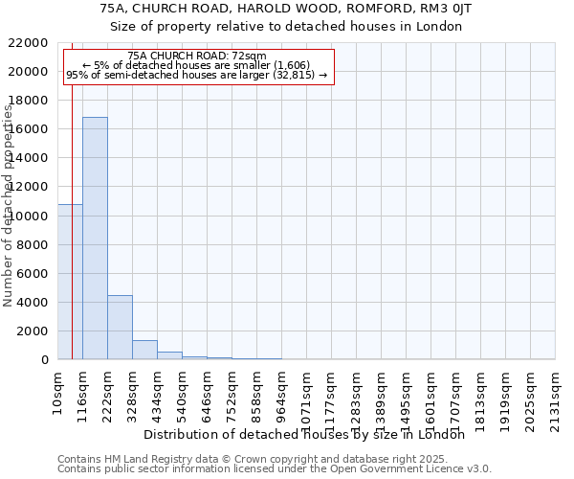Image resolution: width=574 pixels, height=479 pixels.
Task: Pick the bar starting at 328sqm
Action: click(x=144, y=350)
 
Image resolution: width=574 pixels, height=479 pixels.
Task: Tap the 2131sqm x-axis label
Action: click(x=555, y=399)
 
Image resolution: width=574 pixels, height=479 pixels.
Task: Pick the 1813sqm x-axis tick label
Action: click(x=480, y=399)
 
